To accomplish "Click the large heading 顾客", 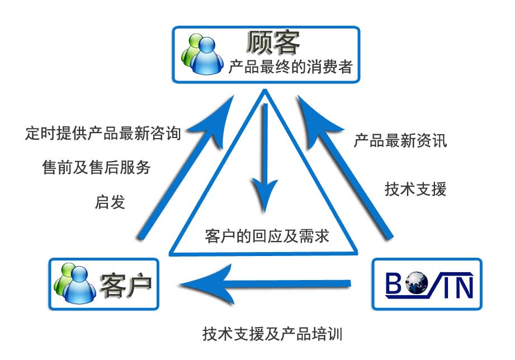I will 273,41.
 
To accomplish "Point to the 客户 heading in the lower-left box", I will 125,284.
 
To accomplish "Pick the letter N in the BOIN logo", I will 464,284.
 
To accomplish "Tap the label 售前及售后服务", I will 96,167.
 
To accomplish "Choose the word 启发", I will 110,202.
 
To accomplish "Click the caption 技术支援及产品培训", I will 272,334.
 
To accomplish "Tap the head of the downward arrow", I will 264,196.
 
